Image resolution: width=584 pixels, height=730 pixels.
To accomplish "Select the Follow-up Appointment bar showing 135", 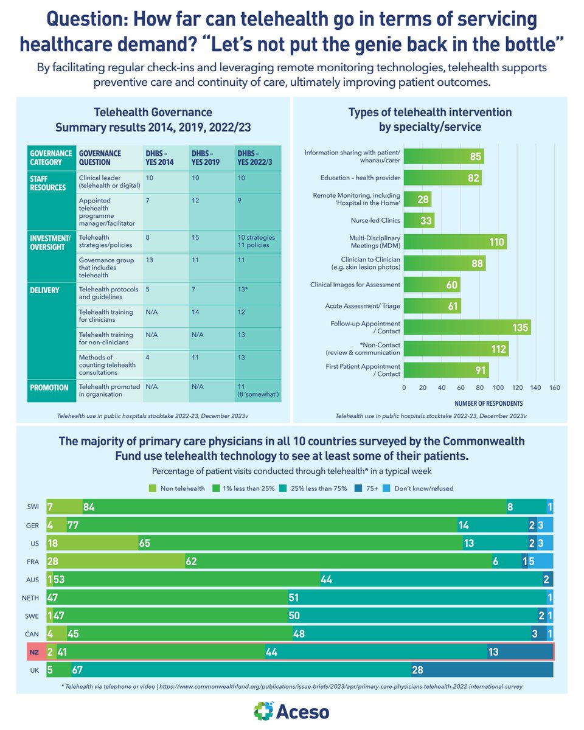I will click(467, 327).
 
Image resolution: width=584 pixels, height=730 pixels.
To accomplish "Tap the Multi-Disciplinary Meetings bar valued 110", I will click(455, 242).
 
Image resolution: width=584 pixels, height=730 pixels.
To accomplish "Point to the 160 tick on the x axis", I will click(554, 387).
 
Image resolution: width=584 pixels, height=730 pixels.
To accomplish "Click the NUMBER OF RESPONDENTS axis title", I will click(488, 403).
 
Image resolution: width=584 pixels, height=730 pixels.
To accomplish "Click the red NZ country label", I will click(34, 651).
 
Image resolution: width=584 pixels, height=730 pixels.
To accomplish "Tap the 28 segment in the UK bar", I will click(482, 669).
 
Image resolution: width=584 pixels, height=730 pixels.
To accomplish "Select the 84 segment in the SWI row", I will click(294, 507).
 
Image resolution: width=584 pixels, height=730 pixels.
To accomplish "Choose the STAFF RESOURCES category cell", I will click(49, 184).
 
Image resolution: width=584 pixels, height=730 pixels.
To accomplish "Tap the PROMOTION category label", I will click(49, 387).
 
